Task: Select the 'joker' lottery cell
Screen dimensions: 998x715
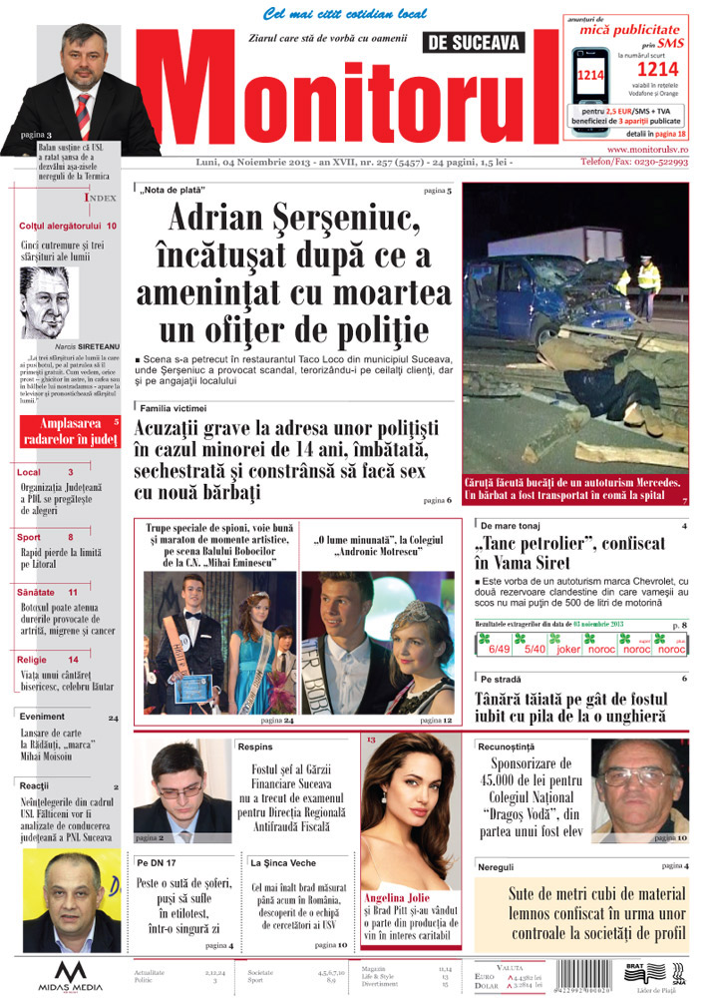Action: pyautogui.click(x=568, y=649)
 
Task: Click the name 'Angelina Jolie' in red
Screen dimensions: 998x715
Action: pyautogui.click(x=396, y=896)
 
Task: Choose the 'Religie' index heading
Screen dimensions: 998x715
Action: pyautogui.click(x=34, y=660)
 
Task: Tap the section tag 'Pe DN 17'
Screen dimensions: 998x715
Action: pyautogui.click(x=157, y=861)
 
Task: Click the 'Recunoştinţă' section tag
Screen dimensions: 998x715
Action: pyautogui.click(x=509, y=746)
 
